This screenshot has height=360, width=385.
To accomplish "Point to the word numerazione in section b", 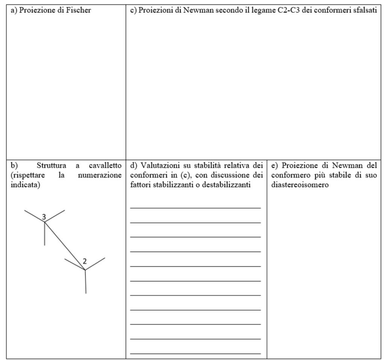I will (102, 175).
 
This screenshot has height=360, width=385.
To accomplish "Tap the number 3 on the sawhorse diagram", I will (44, 217).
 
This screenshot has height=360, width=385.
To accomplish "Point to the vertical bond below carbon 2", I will (85, 282).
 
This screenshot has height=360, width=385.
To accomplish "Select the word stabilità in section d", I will (201, 165).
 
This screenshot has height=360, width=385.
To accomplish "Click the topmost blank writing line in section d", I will (195, 208).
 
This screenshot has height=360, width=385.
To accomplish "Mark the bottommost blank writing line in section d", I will (195, 354).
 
